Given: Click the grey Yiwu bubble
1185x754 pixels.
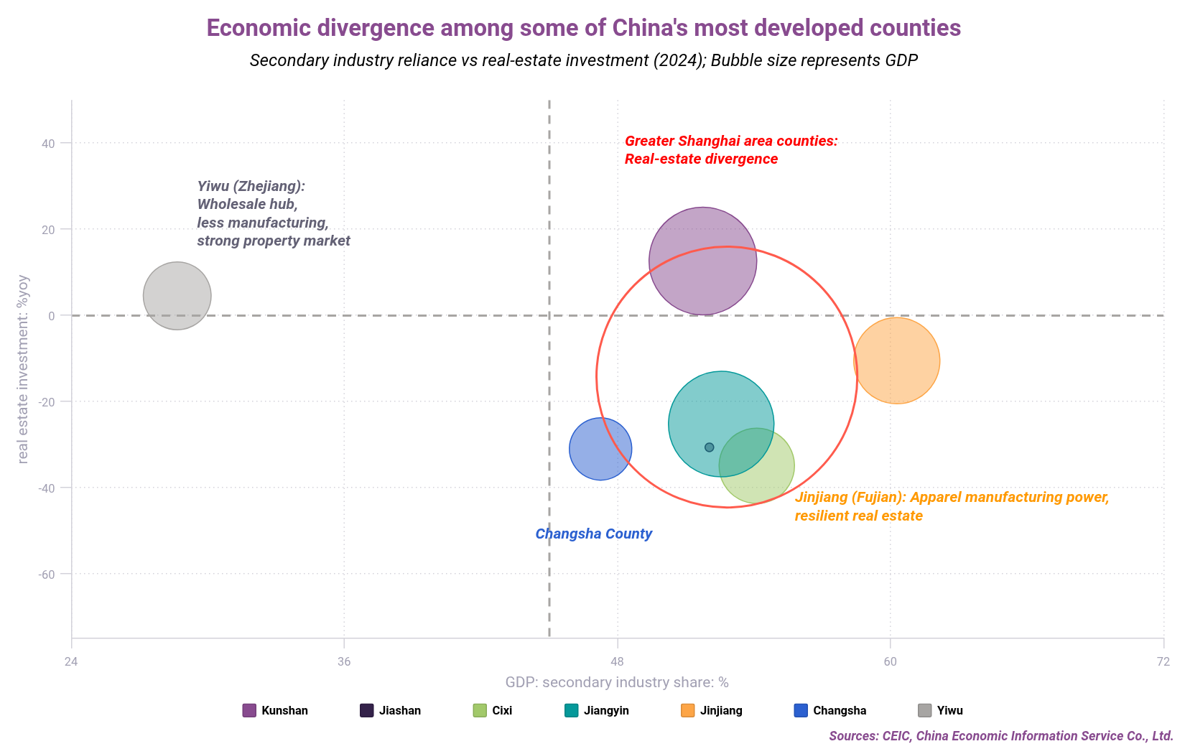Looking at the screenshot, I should point(177,296).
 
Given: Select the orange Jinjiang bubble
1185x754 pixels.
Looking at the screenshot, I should point(896,360).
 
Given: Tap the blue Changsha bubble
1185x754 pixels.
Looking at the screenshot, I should point(600,449).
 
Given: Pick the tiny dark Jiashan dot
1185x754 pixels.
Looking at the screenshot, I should point(709,447).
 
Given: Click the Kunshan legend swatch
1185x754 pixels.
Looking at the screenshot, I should point(249,710).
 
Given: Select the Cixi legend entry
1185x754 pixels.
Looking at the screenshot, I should point(493,710).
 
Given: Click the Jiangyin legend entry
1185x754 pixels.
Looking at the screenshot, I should point(597,710).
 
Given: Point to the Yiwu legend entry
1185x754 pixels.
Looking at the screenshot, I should point(940,710).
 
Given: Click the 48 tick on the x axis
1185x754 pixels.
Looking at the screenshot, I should point(617,661).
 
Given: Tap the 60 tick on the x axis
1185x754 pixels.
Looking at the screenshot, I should point(891,661).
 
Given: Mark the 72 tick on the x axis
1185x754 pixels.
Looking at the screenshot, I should point(1163,661).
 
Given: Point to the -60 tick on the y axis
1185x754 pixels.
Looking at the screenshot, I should point(47,574).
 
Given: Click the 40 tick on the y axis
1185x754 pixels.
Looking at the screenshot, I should point(48,143).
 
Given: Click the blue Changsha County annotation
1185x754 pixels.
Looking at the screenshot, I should point(593,534).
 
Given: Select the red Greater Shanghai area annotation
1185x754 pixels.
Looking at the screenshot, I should point(730,149).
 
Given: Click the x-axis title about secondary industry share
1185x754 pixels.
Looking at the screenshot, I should point(617,682).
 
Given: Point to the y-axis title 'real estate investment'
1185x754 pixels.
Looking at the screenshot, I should point(23,369).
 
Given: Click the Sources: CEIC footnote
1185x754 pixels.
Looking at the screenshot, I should point(1000,736).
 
